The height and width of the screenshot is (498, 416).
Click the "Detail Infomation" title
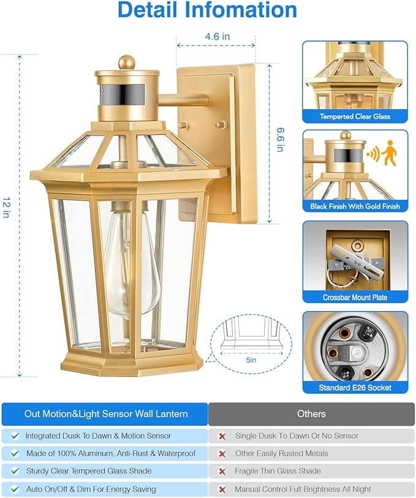(x=207, y=10)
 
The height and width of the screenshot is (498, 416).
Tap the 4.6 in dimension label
(x=217, y=37)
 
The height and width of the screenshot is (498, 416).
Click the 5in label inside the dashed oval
(x=251, y=361)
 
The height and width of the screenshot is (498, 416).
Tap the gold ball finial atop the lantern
(x=127, y=62)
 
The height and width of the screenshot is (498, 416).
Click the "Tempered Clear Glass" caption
(x=355, y=116)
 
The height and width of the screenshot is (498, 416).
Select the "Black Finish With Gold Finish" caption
(x=355, y=206)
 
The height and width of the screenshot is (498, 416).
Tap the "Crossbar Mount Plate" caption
(x=355, y=297)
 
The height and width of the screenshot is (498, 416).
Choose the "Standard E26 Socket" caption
(x=355, y=388)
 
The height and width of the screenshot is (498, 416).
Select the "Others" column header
(x=311, y=414)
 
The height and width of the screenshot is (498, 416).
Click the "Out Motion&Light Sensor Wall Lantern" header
(x=106, y=414)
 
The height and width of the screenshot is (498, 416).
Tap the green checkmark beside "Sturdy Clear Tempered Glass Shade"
(x=15, y=471)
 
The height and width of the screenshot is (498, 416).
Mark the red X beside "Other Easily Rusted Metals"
(x=222, y=454)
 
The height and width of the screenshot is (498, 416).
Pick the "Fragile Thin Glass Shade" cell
(x=278, y=471)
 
